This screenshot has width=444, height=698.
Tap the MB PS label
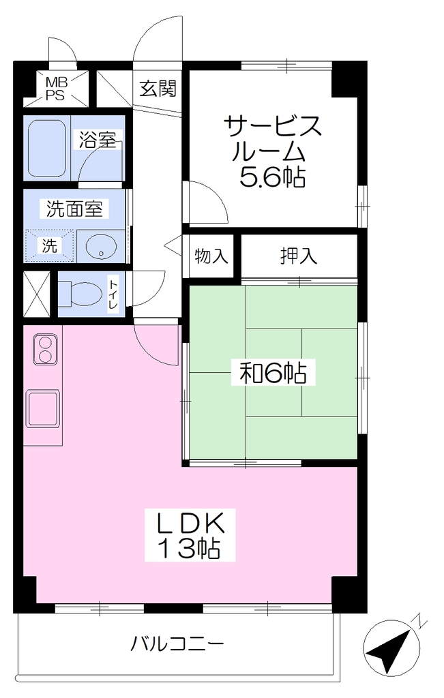(56, 89)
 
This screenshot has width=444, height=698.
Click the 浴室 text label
(98, 140)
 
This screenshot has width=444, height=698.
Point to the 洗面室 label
(74, 209)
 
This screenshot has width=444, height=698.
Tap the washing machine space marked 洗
(49, 245)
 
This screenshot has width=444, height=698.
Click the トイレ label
(114, 294)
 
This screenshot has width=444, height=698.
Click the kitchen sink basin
(43, 408)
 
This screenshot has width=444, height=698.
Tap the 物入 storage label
(211, 256)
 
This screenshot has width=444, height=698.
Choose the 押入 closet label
(299, 256)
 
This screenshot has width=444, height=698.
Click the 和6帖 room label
(273, 373)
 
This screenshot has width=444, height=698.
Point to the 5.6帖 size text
(273, 178)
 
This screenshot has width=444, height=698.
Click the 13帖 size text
(190, 548)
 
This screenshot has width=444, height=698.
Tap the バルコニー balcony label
(177, 643)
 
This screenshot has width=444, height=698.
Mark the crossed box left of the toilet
(37, 294)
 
